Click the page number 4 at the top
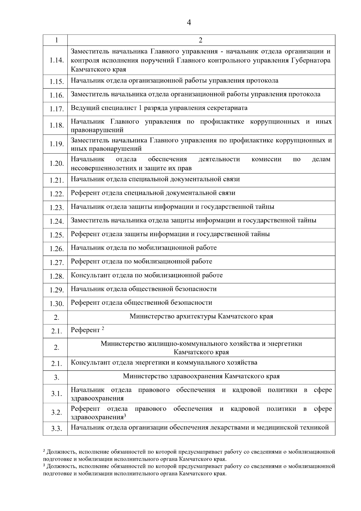[189, 23]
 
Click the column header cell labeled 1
[56, 40]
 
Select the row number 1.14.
[57, 61]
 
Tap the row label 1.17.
[57, 109]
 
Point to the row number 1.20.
[57, 164]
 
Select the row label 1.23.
[57, 208]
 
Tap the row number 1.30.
[57, 304]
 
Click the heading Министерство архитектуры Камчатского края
[201, 316]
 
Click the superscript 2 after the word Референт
[103, 329]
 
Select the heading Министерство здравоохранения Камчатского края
[201, 376]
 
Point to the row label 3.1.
[56, 394]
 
